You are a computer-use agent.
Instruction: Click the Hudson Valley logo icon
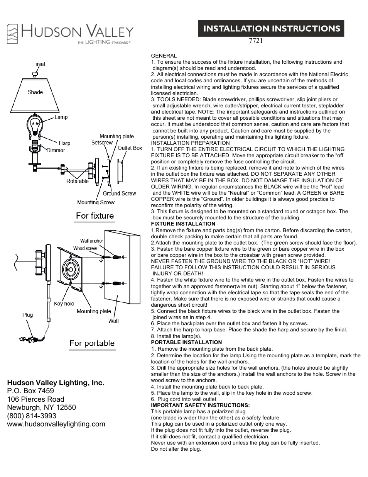coord(12,34)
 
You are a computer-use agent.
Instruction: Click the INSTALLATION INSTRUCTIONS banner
coord(271,29)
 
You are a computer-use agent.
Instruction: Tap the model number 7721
coord(256,41)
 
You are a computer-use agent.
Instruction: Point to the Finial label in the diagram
coord(39,64)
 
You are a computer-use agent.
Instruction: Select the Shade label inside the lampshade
coord(35,92)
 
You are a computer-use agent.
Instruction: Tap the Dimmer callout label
coord(56,150)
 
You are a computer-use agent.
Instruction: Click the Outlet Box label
coord(130,148)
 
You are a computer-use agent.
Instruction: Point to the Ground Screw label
coord(119,194)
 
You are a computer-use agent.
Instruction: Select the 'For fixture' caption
coord(95,216)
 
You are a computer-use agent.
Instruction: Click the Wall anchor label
coord(91,241)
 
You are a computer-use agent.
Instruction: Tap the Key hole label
coord(64,304)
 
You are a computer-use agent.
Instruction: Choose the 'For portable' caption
coord(92,343)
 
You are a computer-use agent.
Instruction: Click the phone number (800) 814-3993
coord(32,416)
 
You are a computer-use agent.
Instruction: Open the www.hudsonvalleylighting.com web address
coord(56,424)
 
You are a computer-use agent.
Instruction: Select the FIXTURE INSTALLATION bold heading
coord(183,224)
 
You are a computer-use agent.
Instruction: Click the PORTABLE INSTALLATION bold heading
coord(186,342)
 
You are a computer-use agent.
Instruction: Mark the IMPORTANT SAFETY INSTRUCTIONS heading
coord(200,405)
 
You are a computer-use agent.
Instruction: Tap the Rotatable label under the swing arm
coord(77,181)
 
